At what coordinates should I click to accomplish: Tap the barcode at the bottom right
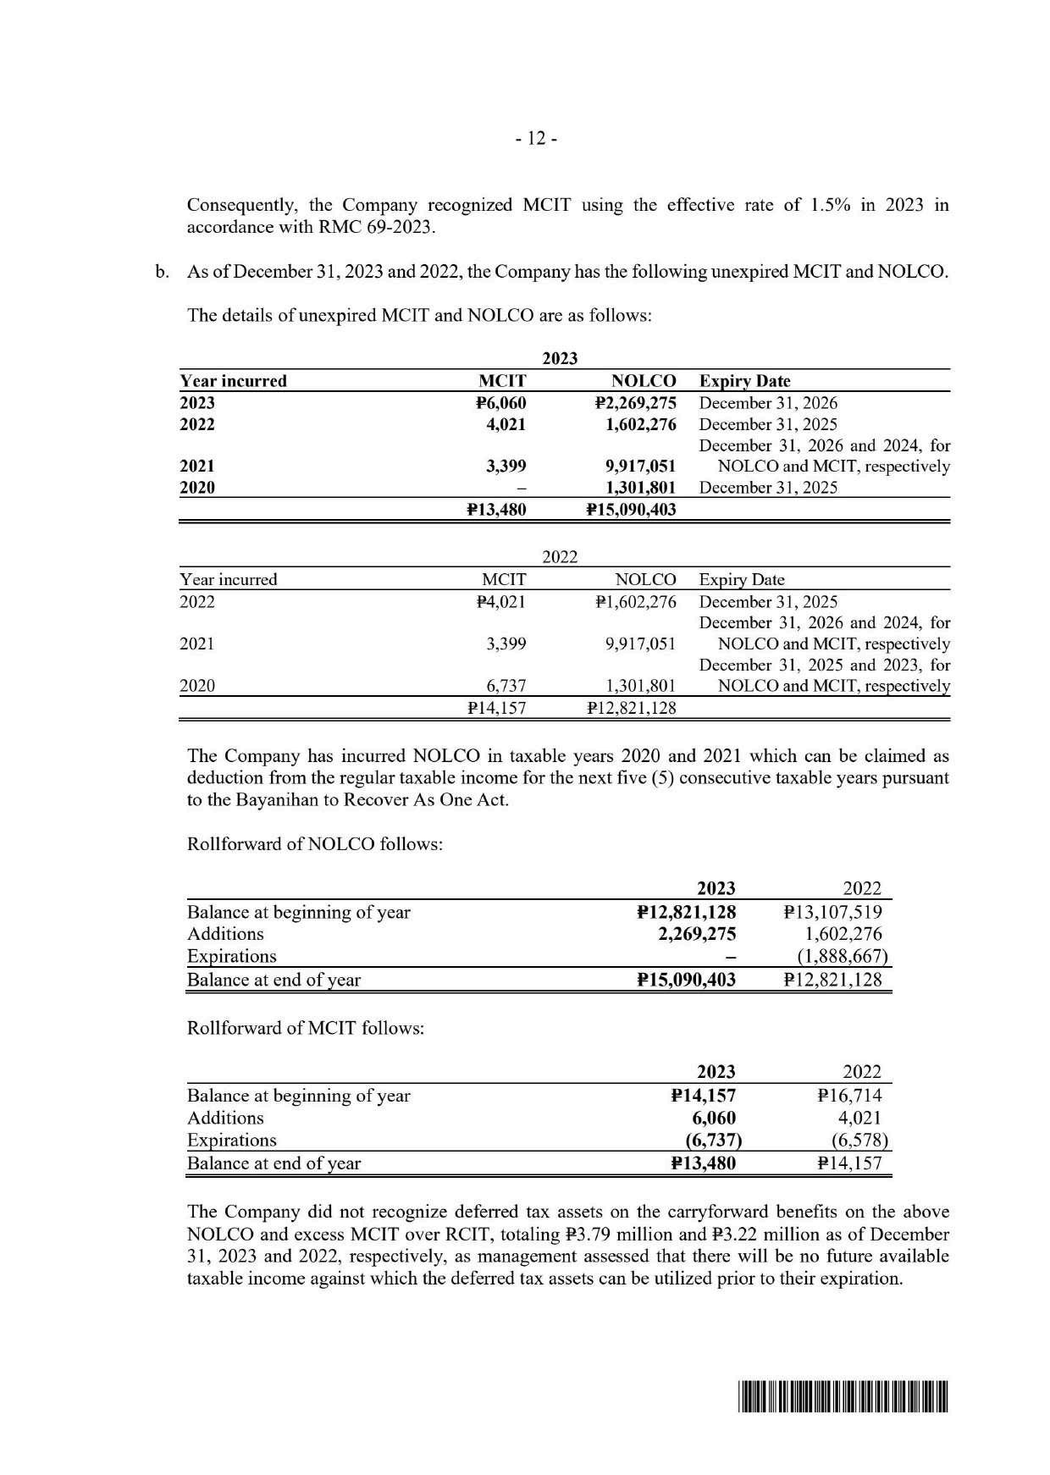pos(844,1396)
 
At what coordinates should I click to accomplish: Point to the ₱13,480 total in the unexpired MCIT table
pos(496,510)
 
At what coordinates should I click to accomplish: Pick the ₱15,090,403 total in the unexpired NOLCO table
pos(631,510)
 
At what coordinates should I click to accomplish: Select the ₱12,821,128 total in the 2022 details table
pos(631,707)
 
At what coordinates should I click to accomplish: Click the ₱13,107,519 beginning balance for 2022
pos(833,912)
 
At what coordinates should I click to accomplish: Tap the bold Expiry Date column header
pos(744,381)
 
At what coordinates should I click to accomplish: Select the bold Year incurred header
pos(233,381)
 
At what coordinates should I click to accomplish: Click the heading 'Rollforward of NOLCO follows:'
pos(315,844)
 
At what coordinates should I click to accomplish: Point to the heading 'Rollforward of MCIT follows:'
pos(305,1028)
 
